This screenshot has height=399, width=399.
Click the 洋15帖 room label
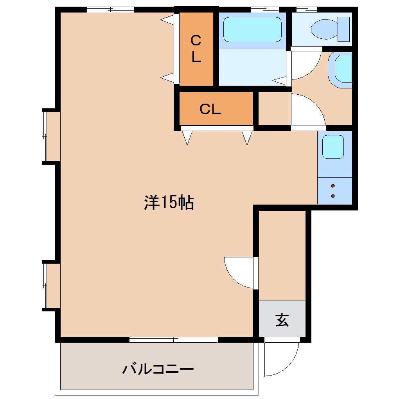(x=169, y=203)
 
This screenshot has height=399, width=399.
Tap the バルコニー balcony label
(x=158, y=369)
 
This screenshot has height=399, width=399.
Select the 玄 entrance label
(x=282, y=320)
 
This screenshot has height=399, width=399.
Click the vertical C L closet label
(x=196, y=49)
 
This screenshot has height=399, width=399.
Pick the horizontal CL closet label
(x=210, y=109)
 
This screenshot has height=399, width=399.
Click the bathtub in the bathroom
(x=252, y=29)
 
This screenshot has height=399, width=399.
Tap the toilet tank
(x=343, y=29)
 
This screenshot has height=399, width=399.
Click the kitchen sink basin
(x=333, y=147)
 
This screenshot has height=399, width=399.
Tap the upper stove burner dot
(x=333, y=186)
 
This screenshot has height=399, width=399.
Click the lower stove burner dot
(x=333, y=196)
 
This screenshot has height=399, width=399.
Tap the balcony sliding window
(x=174, y=340)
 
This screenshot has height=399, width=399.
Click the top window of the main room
(x=110, y=10)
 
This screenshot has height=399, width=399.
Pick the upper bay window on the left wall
(x=44, y=137)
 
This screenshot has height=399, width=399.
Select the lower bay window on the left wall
(x=44, y=286)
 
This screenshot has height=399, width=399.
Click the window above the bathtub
(x=265, y=10)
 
